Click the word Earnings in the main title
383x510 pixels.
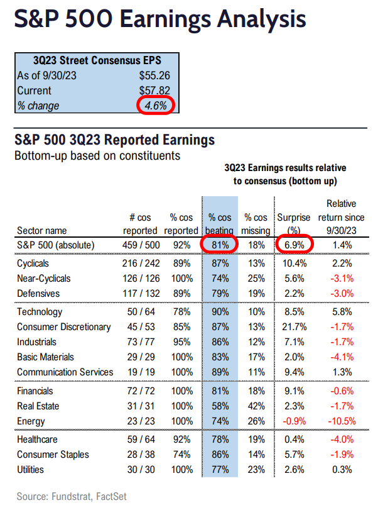[167, 19]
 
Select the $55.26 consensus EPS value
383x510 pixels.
[153, 76]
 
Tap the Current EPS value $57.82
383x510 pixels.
[153, 91]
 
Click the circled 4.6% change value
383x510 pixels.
[154, 105]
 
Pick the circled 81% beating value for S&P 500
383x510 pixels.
[220, 245]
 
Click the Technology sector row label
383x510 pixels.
[40, 312]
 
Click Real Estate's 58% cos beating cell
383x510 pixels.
[220, 406]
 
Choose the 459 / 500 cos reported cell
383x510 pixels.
[139, 245]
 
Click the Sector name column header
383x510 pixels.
[42, 230]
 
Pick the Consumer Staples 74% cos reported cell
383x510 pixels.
[183, 455]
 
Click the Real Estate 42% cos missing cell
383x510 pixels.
[256, 406]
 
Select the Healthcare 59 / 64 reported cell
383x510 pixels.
[139, 440]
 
